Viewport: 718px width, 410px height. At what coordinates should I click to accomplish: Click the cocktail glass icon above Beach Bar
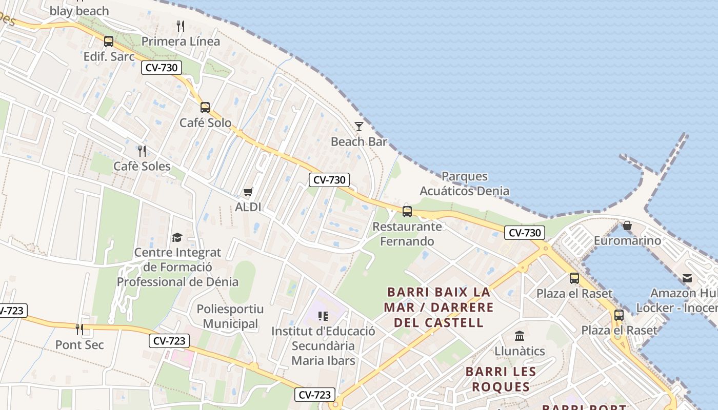coord(359,126)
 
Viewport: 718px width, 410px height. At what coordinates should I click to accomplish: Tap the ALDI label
coord(248,207)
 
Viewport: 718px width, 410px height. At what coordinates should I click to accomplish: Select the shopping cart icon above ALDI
coord(248,192)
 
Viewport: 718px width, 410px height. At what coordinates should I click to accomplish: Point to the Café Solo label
coord(205,123)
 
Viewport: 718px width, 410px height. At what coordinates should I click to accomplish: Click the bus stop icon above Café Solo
coord(205,108)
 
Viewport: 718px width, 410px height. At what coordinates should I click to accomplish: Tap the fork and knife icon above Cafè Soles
coord(142,151)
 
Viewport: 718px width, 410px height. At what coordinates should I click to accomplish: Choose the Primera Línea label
coord(181,41)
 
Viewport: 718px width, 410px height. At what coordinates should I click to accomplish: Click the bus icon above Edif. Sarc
coord(109,42)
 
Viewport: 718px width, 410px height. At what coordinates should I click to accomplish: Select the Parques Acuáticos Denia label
coord(465,183)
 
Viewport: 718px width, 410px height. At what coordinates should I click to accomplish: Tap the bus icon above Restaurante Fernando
coord(407,211)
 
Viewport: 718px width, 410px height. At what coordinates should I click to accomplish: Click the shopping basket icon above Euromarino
coord(627,225)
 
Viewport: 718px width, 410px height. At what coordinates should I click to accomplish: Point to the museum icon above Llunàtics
coord(520,336)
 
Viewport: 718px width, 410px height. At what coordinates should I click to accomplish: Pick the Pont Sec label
coord(79,345)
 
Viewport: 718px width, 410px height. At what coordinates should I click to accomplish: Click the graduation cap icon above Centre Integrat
coord(177,237)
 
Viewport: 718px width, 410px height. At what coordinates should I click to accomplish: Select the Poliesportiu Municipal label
coord(230,316)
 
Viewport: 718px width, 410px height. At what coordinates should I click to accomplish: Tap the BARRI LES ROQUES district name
coord(501,379)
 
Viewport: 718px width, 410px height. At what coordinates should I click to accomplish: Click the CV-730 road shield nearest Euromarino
coord(524,233)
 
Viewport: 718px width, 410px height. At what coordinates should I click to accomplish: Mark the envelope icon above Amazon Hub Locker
coord(687,278)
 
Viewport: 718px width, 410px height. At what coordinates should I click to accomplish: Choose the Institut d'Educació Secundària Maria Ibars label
coord(323,346)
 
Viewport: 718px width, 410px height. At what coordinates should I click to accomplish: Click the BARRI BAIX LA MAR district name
coord(440,300)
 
